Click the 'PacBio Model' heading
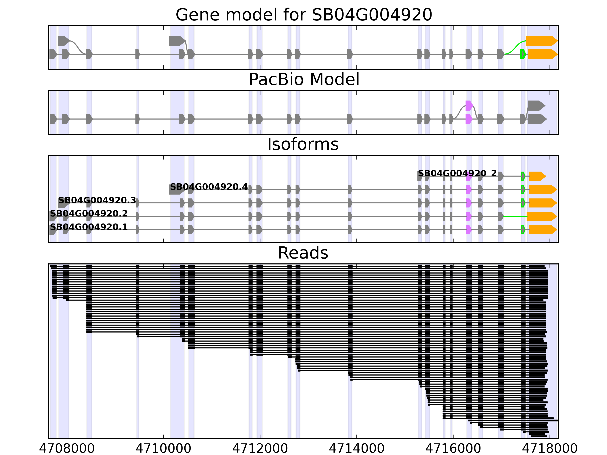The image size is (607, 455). pos(303,80)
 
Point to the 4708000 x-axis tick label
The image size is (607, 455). pos(67,448)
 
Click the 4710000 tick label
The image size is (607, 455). pos(164,448)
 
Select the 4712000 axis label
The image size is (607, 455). pos(260,448)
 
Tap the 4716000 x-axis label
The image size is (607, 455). pos(453,448)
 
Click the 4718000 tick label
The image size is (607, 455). pos(550,448)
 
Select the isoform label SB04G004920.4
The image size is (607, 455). pos(209,187)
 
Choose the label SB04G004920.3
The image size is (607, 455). pos(97,201)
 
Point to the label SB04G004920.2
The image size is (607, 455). pos(89,214)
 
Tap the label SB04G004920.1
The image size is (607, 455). pos(89,227)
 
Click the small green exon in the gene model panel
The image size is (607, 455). pos(523,54)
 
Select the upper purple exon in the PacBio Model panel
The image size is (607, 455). pos(469,106)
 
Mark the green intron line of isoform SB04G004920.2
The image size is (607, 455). pos(515,216)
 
